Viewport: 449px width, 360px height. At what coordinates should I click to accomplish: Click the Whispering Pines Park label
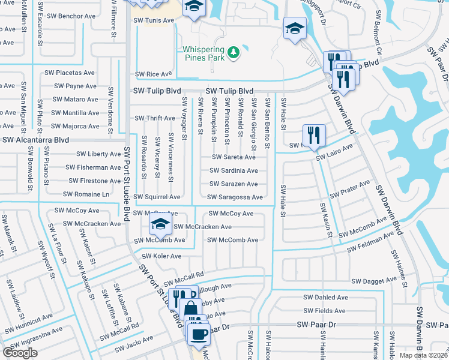coord(204,53)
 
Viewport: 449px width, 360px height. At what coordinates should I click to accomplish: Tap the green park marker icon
coord(233,53)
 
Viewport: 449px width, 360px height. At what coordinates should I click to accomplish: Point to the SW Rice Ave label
coord(153,74)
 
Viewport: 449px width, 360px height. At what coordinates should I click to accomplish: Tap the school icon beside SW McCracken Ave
coord(160,226)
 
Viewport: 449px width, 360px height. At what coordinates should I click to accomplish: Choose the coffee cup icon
coord(199,334)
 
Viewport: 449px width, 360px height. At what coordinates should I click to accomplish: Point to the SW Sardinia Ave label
coord(234,170)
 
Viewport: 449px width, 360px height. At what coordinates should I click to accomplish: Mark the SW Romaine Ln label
coord(86,194)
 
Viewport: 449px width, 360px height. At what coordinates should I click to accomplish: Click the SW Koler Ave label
coord(160,256)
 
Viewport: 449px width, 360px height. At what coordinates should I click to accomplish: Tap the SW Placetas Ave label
coord(70,73)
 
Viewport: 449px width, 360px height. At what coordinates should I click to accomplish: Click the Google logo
coord(20,353)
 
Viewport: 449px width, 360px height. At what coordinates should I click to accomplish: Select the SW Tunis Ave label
coord(154,20)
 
